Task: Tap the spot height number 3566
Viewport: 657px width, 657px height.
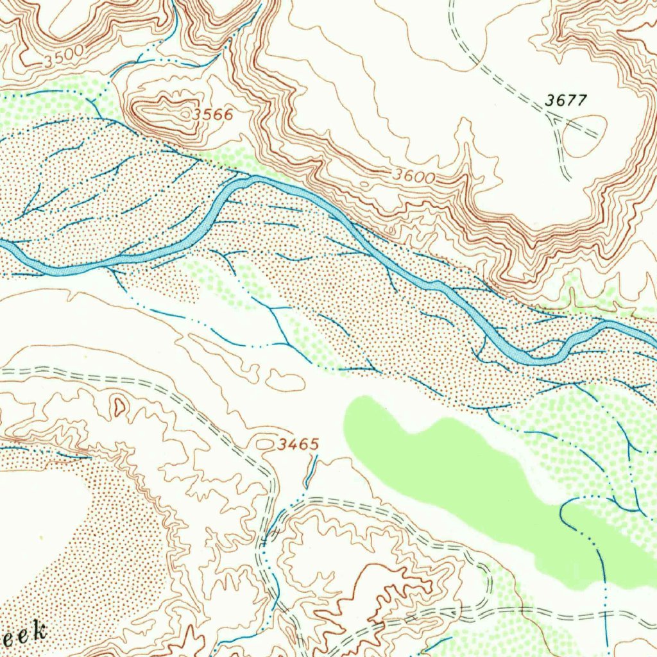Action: click(213, 115)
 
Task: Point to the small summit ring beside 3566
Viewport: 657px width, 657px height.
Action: click(185, 114)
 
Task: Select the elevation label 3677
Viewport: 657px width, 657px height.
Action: click(566, 100)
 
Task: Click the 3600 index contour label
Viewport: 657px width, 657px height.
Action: click(414, 175)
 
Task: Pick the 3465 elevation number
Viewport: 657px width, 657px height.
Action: click(298, 444)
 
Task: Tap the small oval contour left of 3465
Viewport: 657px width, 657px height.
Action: click(264, 443)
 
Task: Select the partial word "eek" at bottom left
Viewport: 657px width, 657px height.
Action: click(24, 633)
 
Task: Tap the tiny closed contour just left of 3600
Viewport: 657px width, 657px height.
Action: click(364, 184)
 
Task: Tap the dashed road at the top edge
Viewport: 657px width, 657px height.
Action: click(452, 13)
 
